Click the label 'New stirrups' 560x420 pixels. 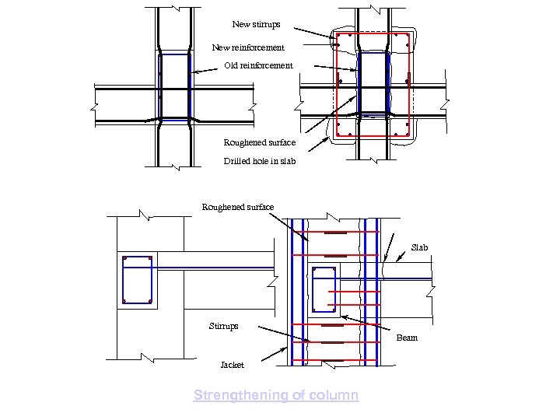256,25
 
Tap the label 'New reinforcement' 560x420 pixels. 248,48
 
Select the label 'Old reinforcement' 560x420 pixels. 258,65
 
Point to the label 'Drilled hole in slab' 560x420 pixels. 259,161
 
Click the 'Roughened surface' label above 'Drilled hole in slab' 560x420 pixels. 259,142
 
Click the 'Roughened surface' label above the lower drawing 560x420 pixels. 237,207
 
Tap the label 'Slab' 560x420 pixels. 419,247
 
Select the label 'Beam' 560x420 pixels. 407,338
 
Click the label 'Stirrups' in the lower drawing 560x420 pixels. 224,326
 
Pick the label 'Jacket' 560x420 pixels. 232,365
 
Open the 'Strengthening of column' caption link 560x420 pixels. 276,395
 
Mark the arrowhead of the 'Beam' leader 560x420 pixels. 343,317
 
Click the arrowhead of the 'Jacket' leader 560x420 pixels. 289,347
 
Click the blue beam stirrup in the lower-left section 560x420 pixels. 137,279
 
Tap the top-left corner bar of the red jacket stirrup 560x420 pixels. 340,37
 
